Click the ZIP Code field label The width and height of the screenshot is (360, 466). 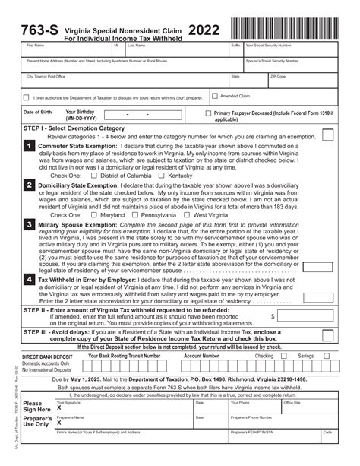(x=278, y=76)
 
